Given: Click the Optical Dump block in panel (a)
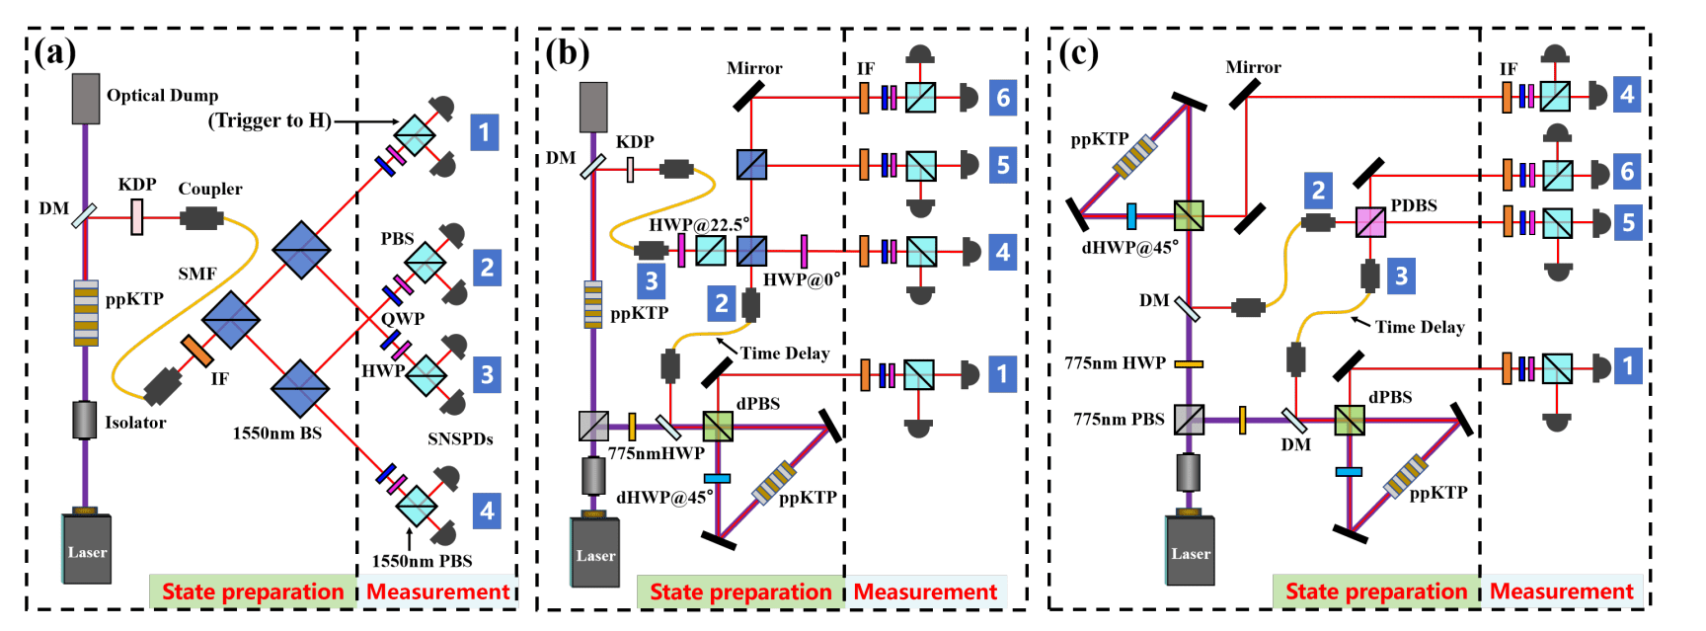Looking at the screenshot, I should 86,99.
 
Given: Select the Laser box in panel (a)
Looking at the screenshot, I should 87,548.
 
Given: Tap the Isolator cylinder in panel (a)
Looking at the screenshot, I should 85,421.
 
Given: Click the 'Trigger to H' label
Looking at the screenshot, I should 269,120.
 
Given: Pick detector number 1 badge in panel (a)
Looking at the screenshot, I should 484,131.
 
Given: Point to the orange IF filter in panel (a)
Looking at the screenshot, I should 196,351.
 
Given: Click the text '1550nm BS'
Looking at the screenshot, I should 276,433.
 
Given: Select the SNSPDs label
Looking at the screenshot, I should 460,438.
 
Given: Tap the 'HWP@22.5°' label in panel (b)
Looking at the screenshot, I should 699,224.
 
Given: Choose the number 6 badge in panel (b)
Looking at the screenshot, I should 1003,98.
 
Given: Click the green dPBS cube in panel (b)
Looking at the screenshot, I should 718,427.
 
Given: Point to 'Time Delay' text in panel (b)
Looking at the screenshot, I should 785,354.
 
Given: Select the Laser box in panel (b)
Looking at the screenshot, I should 595,551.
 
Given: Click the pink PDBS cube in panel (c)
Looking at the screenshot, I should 1370,222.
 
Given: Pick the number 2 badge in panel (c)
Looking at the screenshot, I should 1318,190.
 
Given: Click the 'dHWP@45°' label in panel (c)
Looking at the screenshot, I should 1129,248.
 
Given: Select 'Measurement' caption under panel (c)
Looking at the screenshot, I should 1561,592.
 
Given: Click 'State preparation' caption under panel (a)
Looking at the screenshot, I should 253,592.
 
